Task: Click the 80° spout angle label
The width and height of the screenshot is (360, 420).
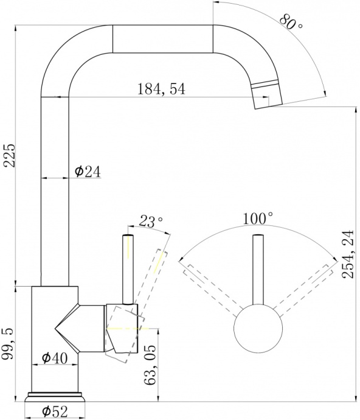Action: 291,21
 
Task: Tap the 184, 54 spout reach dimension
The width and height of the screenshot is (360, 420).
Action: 161,89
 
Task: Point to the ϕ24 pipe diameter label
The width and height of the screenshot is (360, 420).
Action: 88,172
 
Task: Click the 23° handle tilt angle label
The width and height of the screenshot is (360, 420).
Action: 151,221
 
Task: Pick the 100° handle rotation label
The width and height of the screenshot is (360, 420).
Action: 258,219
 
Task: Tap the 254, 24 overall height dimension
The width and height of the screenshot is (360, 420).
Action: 348,254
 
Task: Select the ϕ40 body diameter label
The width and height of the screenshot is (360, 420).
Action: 55,357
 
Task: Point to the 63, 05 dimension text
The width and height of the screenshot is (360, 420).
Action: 150,369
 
